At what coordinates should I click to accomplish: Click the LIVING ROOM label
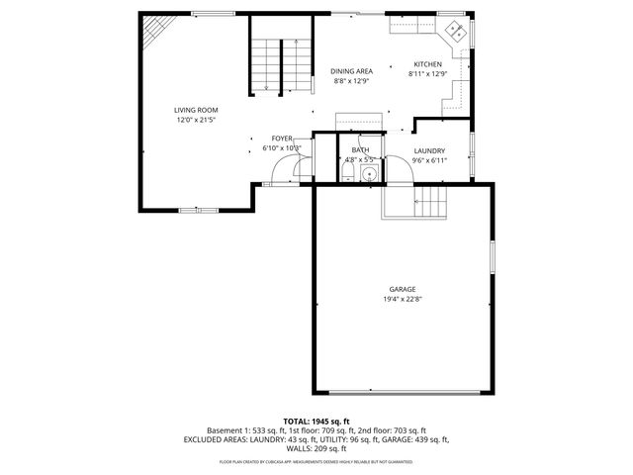[196, 110]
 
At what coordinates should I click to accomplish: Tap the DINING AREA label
[351, 71]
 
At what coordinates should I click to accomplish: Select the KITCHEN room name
[427, 63]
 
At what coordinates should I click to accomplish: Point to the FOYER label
[282, 139]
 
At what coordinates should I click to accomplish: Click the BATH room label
[360, 149]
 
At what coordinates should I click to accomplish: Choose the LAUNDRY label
[429, 150]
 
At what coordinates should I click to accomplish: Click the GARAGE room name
[402, 289]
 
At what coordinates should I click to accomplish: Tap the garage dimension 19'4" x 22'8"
[402, 299]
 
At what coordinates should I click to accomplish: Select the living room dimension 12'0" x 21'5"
[196, 120]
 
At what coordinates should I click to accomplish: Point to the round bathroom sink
[369, 174]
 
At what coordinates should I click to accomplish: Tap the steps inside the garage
[431, 203]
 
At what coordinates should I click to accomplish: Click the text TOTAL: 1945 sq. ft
[316, 421]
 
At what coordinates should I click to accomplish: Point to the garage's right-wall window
[492, 259]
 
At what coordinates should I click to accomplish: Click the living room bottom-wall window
[198, 209]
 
